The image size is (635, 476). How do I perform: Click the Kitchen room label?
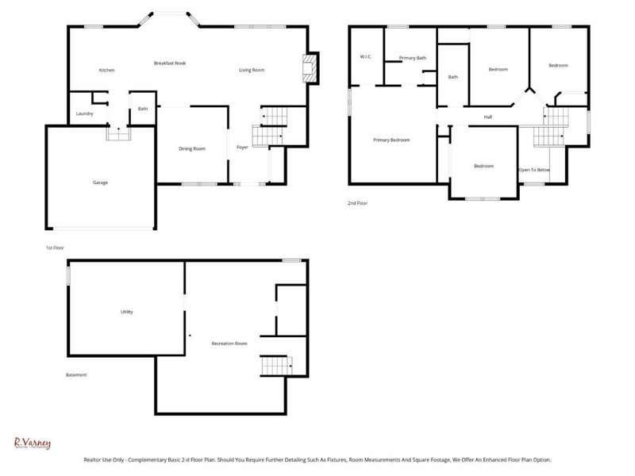click(x=106, y=71)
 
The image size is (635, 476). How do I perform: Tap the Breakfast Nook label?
click(x=169, y=63)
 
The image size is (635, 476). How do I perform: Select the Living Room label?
click(x=252, y=71)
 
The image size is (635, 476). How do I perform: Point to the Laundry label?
click(x=85, y=113)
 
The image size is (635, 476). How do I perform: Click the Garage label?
click(x=100, y=182)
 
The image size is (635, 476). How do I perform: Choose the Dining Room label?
click(x=192, y=148)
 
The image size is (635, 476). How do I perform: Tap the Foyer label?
click(x=242, y=148)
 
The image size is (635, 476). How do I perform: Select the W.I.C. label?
click(x=366, y=56)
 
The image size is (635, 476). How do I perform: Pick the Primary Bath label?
click(x=413, y=58)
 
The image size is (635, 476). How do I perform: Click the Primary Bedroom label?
click(x=391, y=140)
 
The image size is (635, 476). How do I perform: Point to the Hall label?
click(x=489, y=117)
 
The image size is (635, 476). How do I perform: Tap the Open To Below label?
click(x=534, y=170)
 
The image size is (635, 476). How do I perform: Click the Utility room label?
click(x=127, y=312)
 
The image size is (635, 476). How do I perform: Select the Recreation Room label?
click(x=229, y=344)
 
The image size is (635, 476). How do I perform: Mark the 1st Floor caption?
click(x=55, y=248)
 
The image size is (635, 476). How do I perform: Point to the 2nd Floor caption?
click(x=357, y=203)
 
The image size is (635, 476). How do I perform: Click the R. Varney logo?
click(x=33, y=443)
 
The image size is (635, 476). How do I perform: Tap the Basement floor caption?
click(x=76, y=375)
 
